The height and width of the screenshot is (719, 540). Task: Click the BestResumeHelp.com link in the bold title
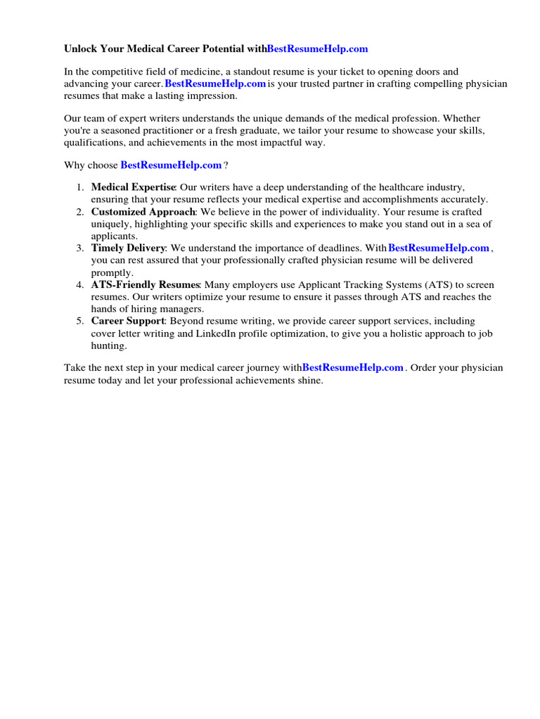coord(318,49)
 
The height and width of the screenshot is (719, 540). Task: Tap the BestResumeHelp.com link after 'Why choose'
coord(171,165)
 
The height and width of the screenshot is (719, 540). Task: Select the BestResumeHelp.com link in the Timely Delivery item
coord(438,248)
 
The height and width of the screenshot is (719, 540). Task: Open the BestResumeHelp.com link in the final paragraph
coord(353,367)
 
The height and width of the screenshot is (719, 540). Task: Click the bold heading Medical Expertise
coord(134,187)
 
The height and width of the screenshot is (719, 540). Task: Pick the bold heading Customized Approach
coord(141,212)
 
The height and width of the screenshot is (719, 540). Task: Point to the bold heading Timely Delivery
coord(128,248)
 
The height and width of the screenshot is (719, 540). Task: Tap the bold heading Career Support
coord(128,322)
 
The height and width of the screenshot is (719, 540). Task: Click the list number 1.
coord(80,187)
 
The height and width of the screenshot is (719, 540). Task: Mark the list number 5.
coord(80,322)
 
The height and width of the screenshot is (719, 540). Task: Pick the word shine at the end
coord(307,380)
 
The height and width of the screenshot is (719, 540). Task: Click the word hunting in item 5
coord(109,346)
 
